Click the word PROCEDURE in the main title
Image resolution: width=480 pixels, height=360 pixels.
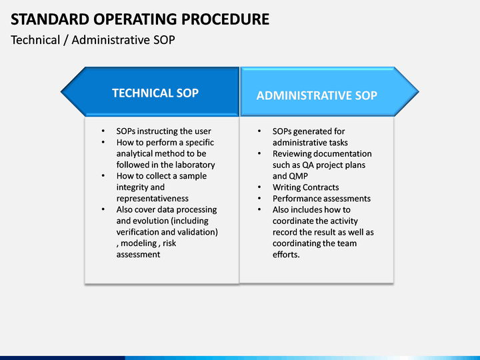225,19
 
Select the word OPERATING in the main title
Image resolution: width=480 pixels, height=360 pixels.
135,19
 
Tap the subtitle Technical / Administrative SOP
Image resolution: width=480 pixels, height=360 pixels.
93,40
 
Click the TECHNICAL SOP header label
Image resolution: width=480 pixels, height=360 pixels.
155,93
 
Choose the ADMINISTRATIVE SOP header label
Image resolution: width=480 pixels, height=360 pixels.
317,95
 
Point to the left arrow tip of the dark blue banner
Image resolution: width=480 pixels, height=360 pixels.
61,91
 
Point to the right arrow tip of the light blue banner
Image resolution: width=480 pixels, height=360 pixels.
419,91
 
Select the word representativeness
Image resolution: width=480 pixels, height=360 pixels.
153,199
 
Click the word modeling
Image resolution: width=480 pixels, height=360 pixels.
139,243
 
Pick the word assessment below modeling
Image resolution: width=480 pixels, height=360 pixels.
138,255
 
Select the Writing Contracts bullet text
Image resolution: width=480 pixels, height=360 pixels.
306,187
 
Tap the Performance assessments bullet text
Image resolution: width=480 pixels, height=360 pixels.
322,199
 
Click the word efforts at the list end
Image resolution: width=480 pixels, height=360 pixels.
285,255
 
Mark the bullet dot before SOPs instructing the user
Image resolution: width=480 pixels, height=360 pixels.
103,131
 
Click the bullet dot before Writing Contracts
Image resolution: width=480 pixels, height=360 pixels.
259,187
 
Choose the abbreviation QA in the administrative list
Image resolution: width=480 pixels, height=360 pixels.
307,165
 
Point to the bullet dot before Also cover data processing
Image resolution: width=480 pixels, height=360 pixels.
103,210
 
